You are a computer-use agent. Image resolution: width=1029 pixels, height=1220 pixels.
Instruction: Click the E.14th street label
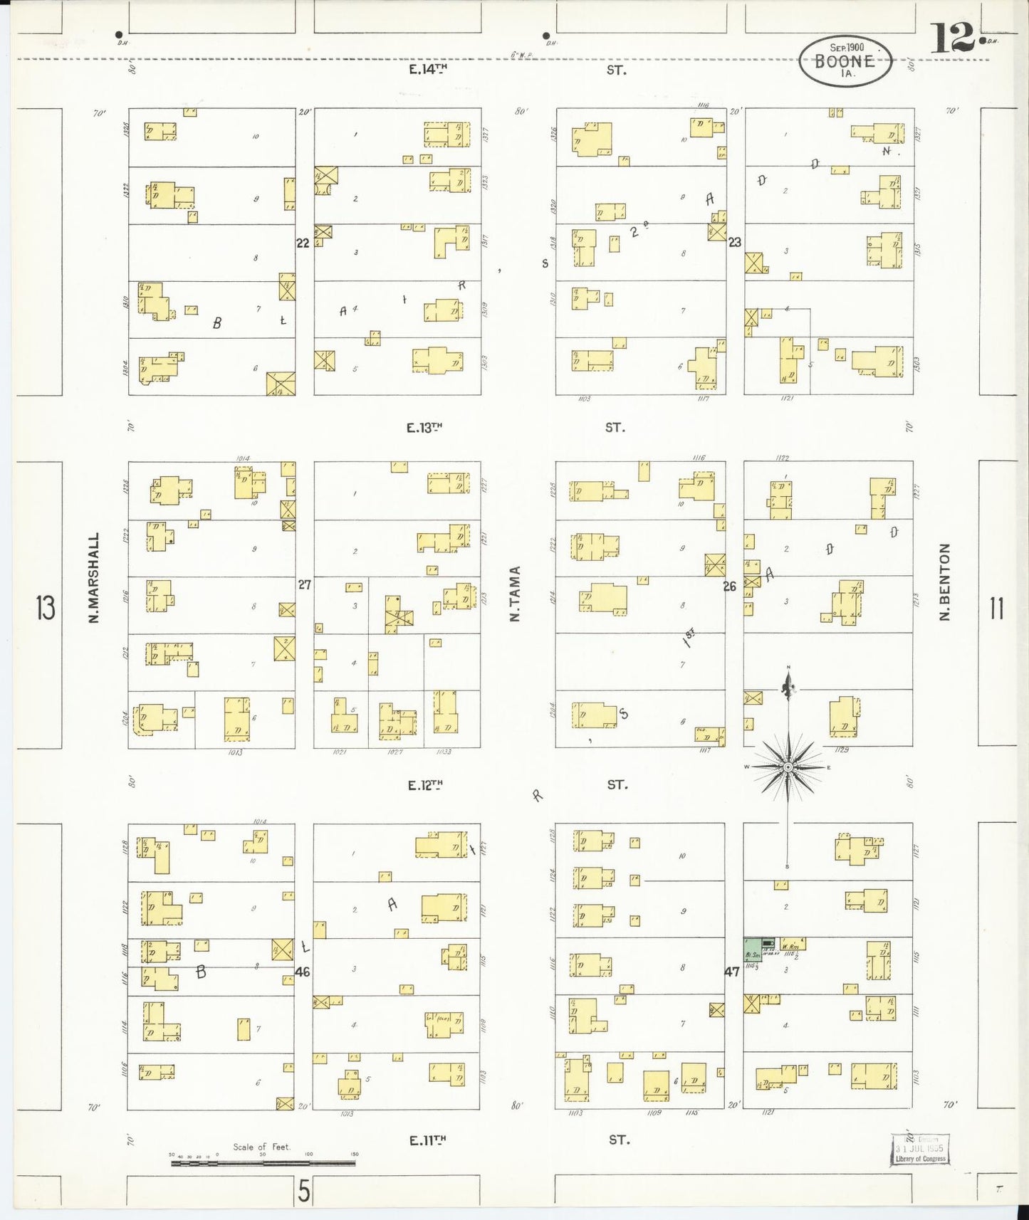click(x=428, y=70)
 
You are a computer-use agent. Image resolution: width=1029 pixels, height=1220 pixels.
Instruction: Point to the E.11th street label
click(x=428, y=1140)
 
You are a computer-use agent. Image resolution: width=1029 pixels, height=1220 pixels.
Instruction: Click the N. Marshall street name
click(x=93, y=578)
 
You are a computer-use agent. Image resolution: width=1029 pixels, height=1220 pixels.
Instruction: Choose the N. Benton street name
click(x=945, y=582)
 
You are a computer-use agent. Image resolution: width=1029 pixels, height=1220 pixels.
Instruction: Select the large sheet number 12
click(x=951, y=40)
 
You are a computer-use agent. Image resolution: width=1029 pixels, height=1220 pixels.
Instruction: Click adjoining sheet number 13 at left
click(x=46, y=609)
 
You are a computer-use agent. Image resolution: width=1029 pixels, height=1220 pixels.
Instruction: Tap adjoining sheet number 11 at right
click(x=996, y=609)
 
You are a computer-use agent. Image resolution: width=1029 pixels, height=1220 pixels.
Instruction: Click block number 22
click(x=303, y=243)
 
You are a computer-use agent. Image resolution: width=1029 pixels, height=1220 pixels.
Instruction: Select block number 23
click(x=735, y=242)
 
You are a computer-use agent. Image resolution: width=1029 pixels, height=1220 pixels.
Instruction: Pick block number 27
click(x=305, y=585)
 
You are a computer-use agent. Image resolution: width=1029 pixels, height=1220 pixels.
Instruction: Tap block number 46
click(x=303, y=972)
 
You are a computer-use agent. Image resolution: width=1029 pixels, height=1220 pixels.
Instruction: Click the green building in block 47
click(x=753, y=949)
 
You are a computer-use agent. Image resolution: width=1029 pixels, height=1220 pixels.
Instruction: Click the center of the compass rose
click(x=788, y=767)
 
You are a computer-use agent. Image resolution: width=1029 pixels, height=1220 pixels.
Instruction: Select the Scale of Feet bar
click(x=263, y=1163)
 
